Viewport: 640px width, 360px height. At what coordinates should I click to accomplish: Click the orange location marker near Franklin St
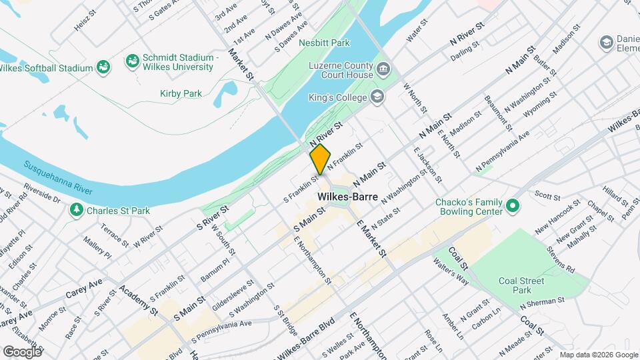pos(320,159)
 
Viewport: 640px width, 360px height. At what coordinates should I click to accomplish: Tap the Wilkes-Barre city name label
pos(348,197)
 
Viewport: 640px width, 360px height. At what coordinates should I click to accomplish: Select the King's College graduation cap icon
pos(378,98)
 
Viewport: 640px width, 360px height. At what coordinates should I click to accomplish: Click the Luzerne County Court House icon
pos(383,68)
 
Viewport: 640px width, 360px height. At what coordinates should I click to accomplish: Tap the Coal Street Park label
pos(522,285)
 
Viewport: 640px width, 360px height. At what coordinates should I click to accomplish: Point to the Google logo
pos(22,351)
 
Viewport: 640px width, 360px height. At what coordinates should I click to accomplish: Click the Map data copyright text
pos(597,355)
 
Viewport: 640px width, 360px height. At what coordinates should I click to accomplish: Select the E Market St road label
pos(371,238)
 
